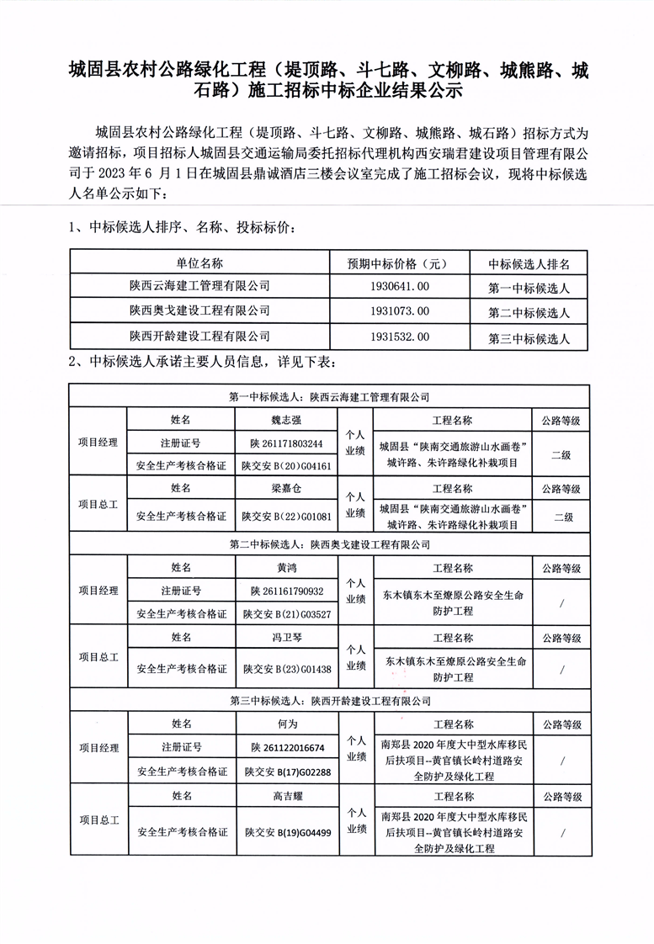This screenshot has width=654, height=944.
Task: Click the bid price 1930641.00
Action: (x=399, y=287)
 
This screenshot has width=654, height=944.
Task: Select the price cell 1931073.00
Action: (x=399, y=311)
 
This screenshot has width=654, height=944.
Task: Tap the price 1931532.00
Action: (x=399, y=337)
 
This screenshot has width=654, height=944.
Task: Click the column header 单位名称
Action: (x=199, y=263)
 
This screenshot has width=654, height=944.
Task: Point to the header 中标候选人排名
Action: (x=529, y=263)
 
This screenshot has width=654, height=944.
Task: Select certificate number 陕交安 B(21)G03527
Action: (x=286, y=614)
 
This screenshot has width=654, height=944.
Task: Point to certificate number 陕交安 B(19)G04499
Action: (x=288, y=833)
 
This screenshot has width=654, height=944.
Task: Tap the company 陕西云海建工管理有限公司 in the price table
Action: (x=199, y=287)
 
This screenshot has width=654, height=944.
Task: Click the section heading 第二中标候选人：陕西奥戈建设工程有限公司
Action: (x=330, y=546)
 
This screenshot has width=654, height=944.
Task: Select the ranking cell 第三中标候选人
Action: (x=529, y=339)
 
